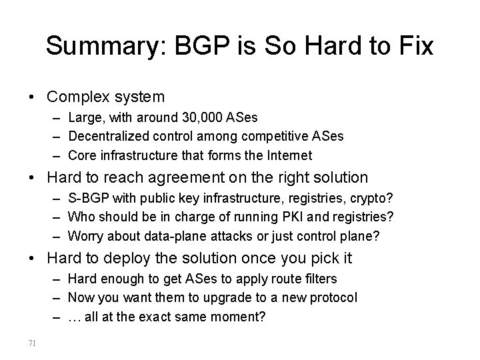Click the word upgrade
pyautogui.click(x=221, y=298)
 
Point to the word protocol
pyautogui.click(x=332, y=298)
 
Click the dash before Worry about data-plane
pyautogui.click(x=54, y=237)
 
